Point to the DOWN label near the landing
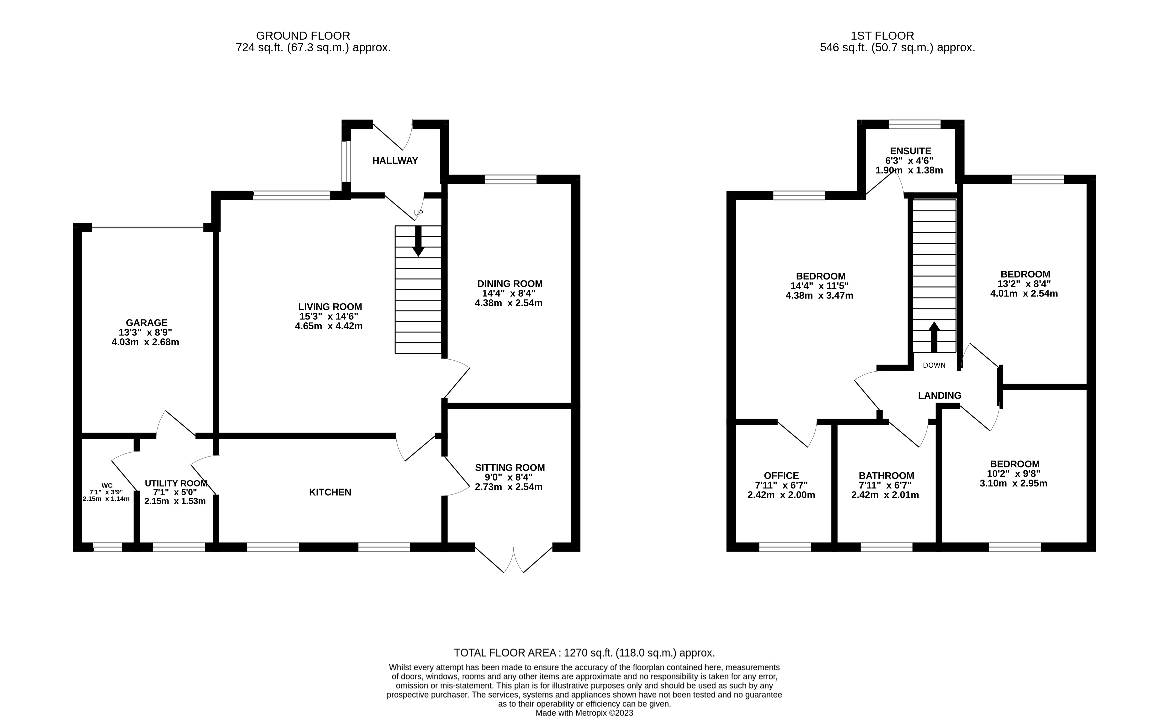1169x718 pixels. pyautogui.click(x=934, y=365)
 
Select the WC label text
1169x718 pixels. pyautogui.click(x=107, y=485)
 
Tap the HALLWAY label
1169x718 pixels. pyautogui.click(x=395, y=161)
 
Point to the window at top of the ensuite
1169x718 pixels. pyautogui.click(x=914, y=125)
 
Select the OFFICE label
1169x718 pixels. pyautogui.click(x=781, y=475)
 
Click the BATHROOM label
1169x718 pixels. pyautogui.click(x=886, y=475)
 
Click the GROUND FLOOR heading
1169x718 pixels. pyautogui.click(x=303, y=36)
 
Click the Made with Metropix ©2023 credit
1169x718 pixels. pyautogui.click(x=584, y=713)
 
